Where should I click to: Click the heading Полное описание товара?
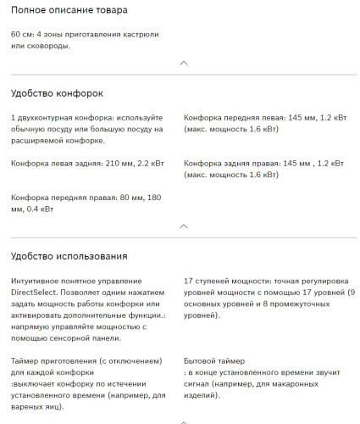point(69,10)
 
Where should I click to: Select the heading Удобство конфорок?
point(57,92)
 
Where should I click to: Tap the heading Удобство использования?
point(69,255)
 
